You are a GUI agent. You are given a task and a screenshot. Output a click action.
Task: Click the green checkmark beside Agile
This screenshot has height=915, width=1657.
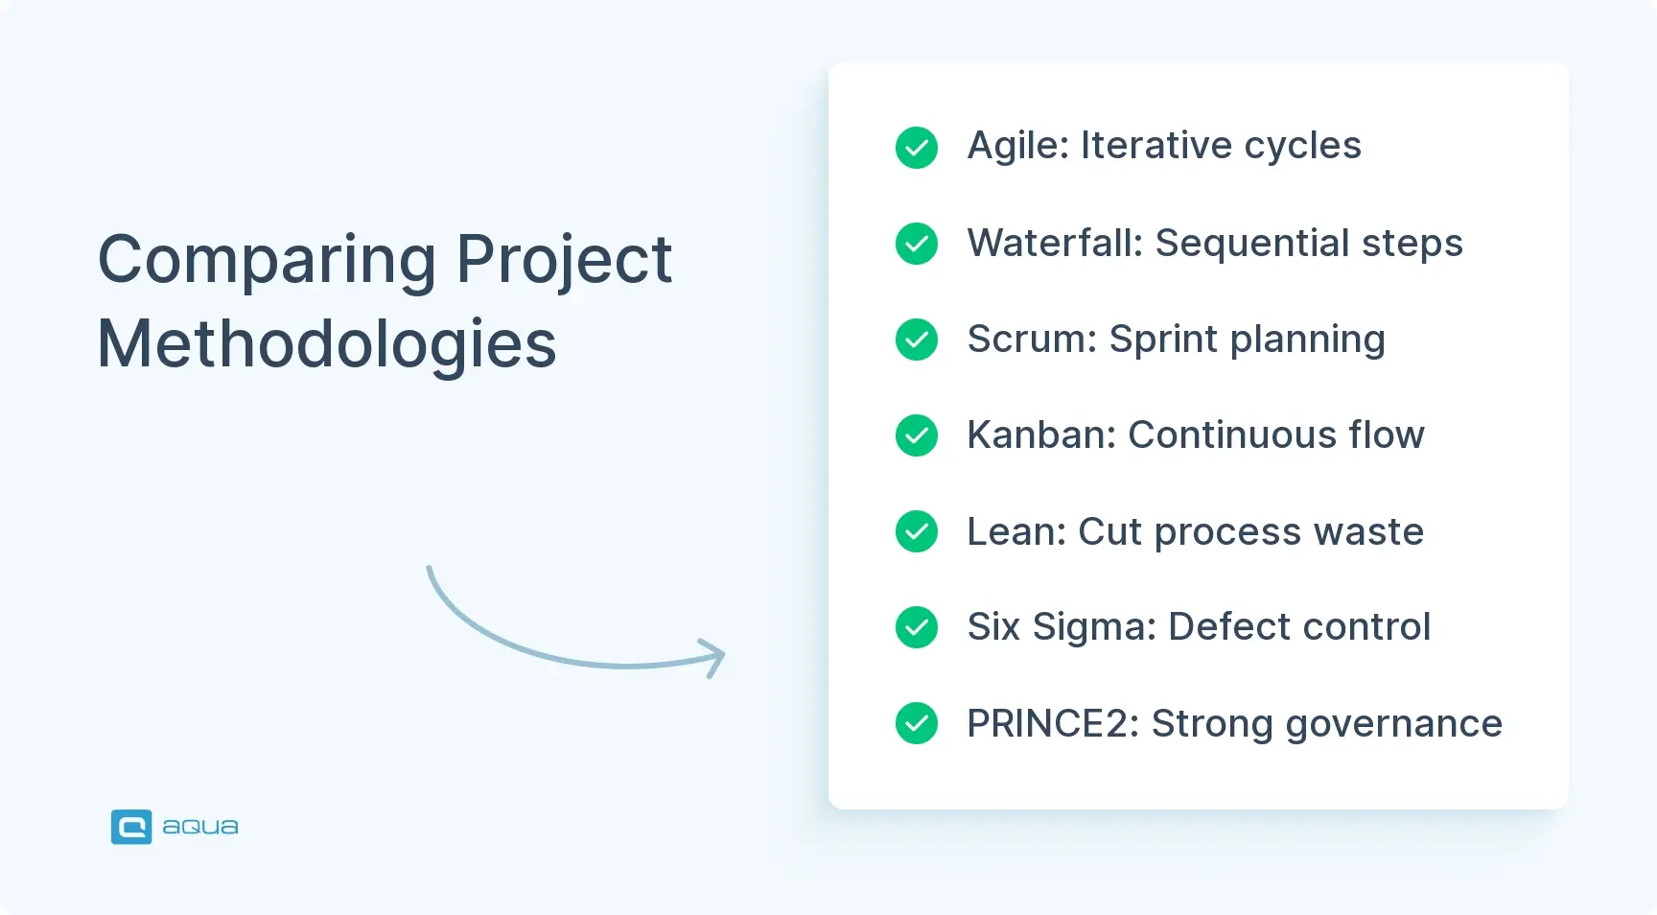point(917,148)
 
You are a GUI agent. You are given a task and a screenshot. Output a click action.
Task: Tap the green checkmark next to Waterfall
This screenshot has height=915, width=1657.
point(917,244)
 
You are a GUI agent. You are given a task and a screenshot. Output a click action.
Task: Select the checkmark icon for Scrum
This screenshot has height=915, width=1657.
point(917,340)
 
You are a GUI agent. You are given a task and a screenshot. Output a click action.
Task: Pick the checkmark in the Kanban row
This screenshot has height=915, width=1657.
point(917,435)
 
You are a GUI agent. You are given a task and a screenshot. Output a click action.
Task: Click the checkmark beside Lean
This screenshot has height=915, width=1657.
point(917,531)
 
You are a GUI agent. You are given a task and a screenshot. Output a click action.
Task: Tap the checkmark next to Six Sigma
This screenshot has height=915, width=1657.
point(917,627)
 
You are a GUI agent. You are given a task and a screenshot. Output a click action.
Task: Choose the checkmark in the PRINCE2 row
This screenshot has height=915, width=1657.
point(917,723)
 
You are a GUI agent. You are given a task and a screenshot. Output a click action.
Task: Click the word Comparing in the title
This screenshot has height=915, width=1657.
point(268,261)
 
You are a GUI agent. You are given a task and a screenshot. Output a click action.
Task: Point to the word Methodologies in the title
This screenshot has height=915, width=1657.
point(327,344)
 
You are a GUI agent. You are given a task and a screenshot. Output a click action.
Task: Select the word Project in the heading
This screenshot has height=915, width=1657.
point(564,261)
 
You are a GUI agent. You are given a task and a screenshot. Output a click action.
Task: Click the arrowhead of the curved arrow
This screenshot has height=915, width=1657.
point(715,657)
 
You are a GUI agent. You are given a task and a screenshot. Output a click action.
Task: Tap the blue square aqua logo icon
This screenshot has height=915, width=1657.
point(131,827)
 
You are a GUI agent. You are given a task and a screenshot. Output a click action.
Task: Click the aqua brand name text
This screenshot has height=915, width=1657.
point(200,827)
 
